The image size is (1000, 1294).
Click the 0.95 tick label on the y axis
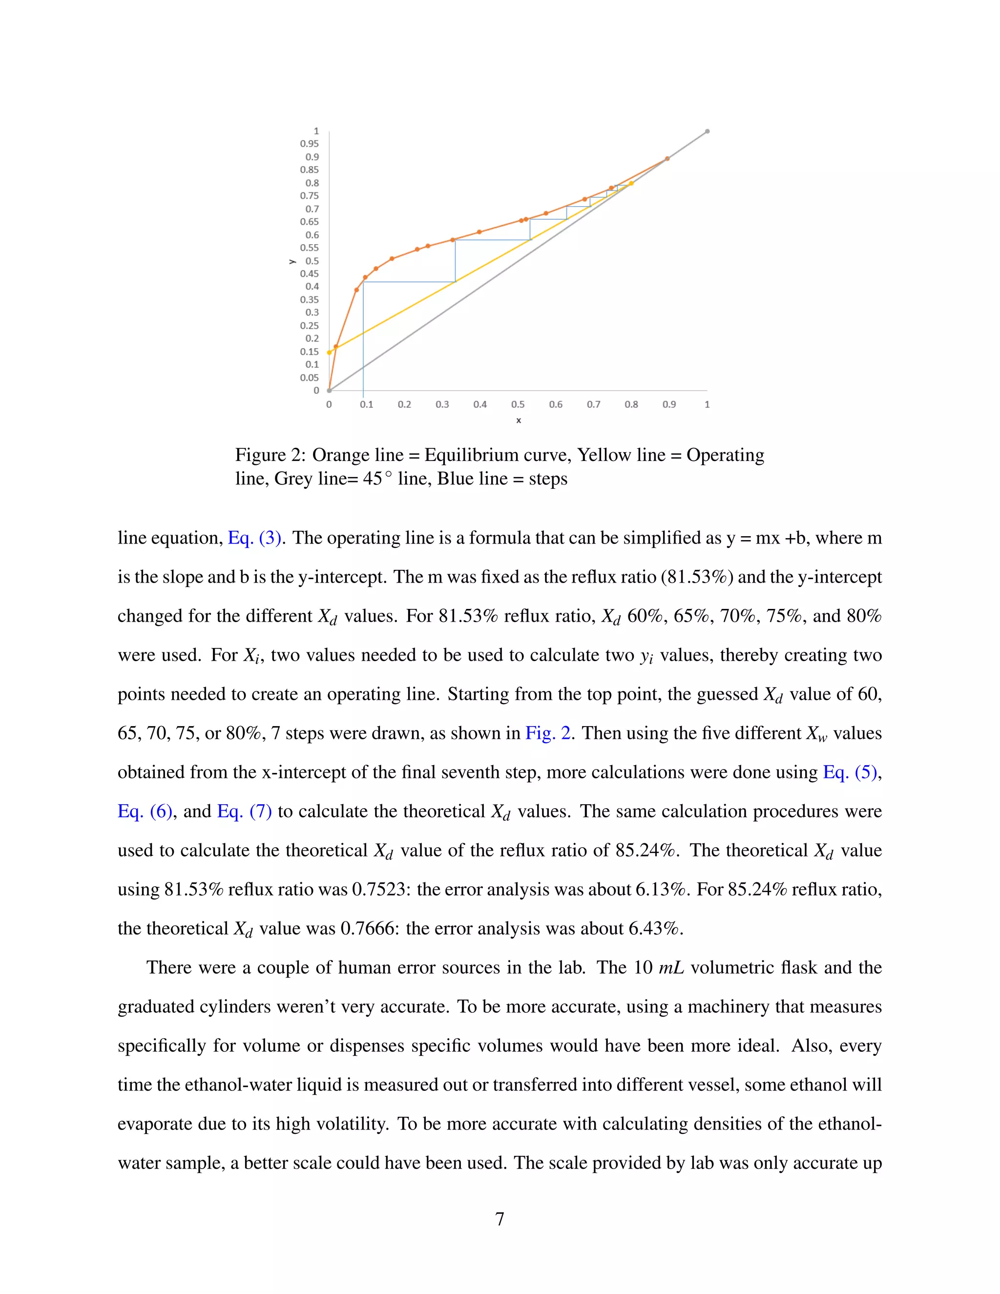309,144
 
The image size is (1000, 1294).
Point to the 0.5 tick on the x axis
518,404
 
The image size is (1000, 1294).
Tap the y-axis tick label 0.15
309,352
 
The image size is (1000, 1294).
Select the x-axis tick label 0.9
669,404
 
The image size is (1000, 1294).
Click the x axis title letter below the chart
519,420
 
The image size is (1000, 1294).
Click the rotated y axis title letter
292,261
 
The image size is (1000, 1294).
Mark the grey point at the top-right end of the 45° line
708,131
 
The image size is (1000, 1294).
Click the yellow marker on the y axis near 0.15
330,353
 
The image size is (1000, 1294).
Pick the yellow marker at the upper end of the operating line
631,183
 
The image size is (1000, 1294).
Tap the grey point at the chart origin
330,391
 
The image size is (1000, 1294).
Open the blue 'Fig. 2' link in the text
548,733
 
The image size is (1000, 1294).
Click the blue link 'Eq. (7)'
244,812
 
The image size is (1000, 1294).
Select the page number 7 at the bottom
500,1219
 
